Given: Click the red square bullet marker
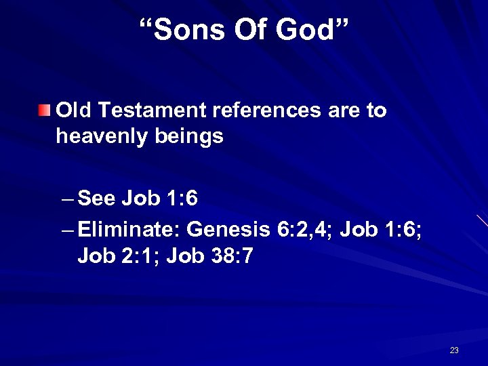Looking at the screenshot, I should [44, 110].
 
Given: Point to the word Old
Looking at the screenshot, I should [75, 110].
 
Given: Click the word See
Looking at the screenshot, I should [97, 199].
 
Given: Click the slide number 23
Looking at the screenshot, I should [454, 350].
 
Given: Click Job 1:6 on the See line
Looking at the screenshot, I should [160, 199].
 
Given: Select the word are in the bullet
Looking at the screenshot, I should [344, 110].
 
